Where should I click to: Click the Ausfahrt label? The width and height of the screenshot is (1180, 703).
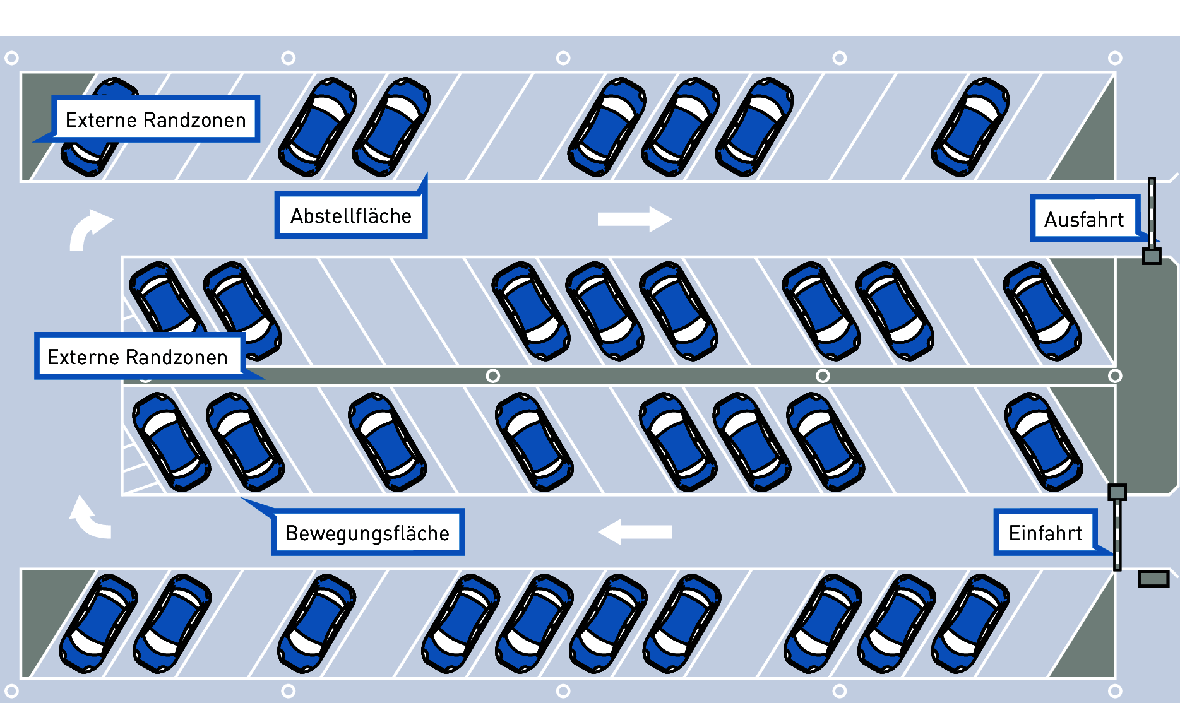[1084, 219]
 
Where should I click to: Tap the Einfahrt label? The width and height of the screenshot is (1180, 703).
[1045, 533]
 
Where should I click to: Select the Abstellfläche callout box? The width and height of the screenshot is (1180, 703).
[350, 216]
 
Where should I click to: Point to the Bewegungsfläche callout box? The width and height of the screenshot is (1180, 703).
[367, 533]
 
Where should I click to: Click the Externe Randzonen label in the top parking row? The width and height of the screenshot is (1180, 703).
[155, 119]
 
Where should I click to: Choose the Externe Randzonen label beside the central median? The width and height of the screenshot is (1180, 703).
[138, 357]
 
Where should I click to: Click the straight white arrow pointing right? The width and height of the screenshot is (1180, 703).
[634, 219]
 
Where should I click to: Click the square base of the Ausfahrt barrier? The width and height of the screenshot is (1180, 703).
[1152, 256]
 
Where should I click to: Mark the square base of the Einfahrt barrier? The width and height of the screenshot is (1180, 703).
[1117, 492]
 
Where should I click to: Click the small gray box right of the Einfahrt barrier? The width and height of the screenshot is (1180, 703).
[1153, 578]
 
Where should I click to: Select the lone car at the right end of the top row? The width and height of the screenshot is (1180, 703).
[970, 127]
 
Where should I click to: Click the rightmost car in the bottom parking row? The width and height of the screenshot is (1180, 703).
[970, 623]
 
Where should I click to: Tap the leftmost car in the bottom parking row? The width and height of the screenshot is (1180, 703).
[98, 623]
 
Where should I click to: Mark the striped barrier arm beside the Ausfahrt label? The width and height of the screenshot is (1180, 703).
[1152, 211]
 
